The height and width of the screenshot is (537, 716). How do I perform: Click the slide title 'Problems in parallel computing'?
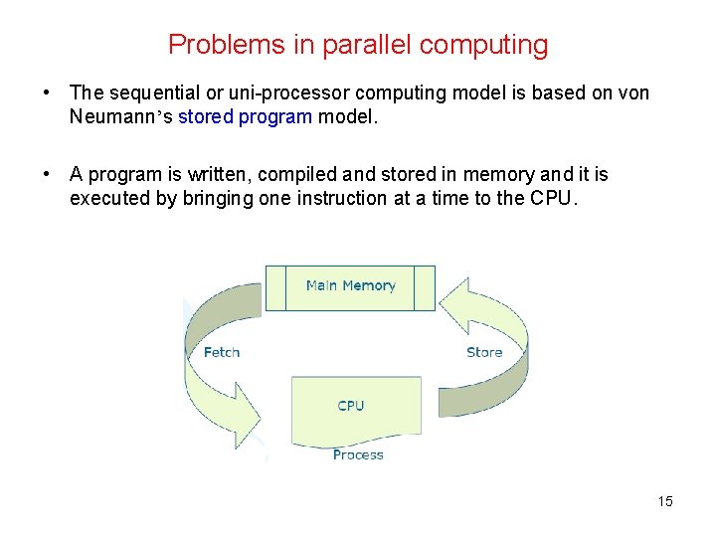[358, 45]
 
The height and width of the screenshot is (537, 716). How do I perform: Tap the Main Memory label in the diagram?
[350, 285]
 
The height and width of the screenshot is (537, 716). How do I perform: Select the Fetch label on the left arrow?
[221, 352]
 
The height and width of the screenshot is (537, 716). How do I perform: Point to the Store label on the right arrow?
[484, 352]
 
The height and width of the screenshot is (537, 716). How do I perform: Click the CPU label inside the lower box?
[351, 405]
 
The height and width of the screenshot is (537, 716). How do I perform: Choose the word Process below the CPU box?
[358, 454]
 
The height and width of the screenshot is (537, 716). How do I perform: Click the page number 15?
[665, 501]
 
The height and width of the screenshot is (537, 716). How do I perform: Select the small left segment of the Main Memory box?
[275, 287]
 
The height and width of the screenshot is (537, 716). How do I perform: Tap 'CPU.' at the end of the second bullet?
[553, 198]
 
